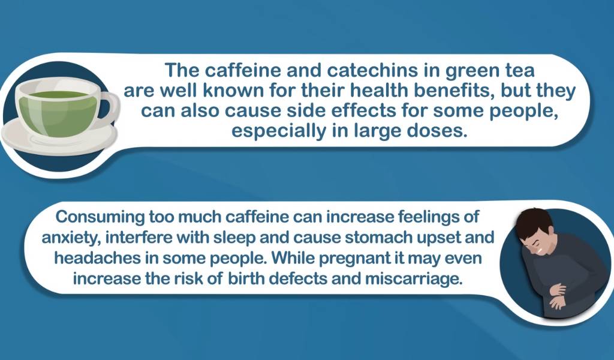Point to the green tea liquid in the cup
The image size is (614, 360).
(58, 111)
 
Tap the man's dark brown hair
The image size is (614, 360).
(532, 224)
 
